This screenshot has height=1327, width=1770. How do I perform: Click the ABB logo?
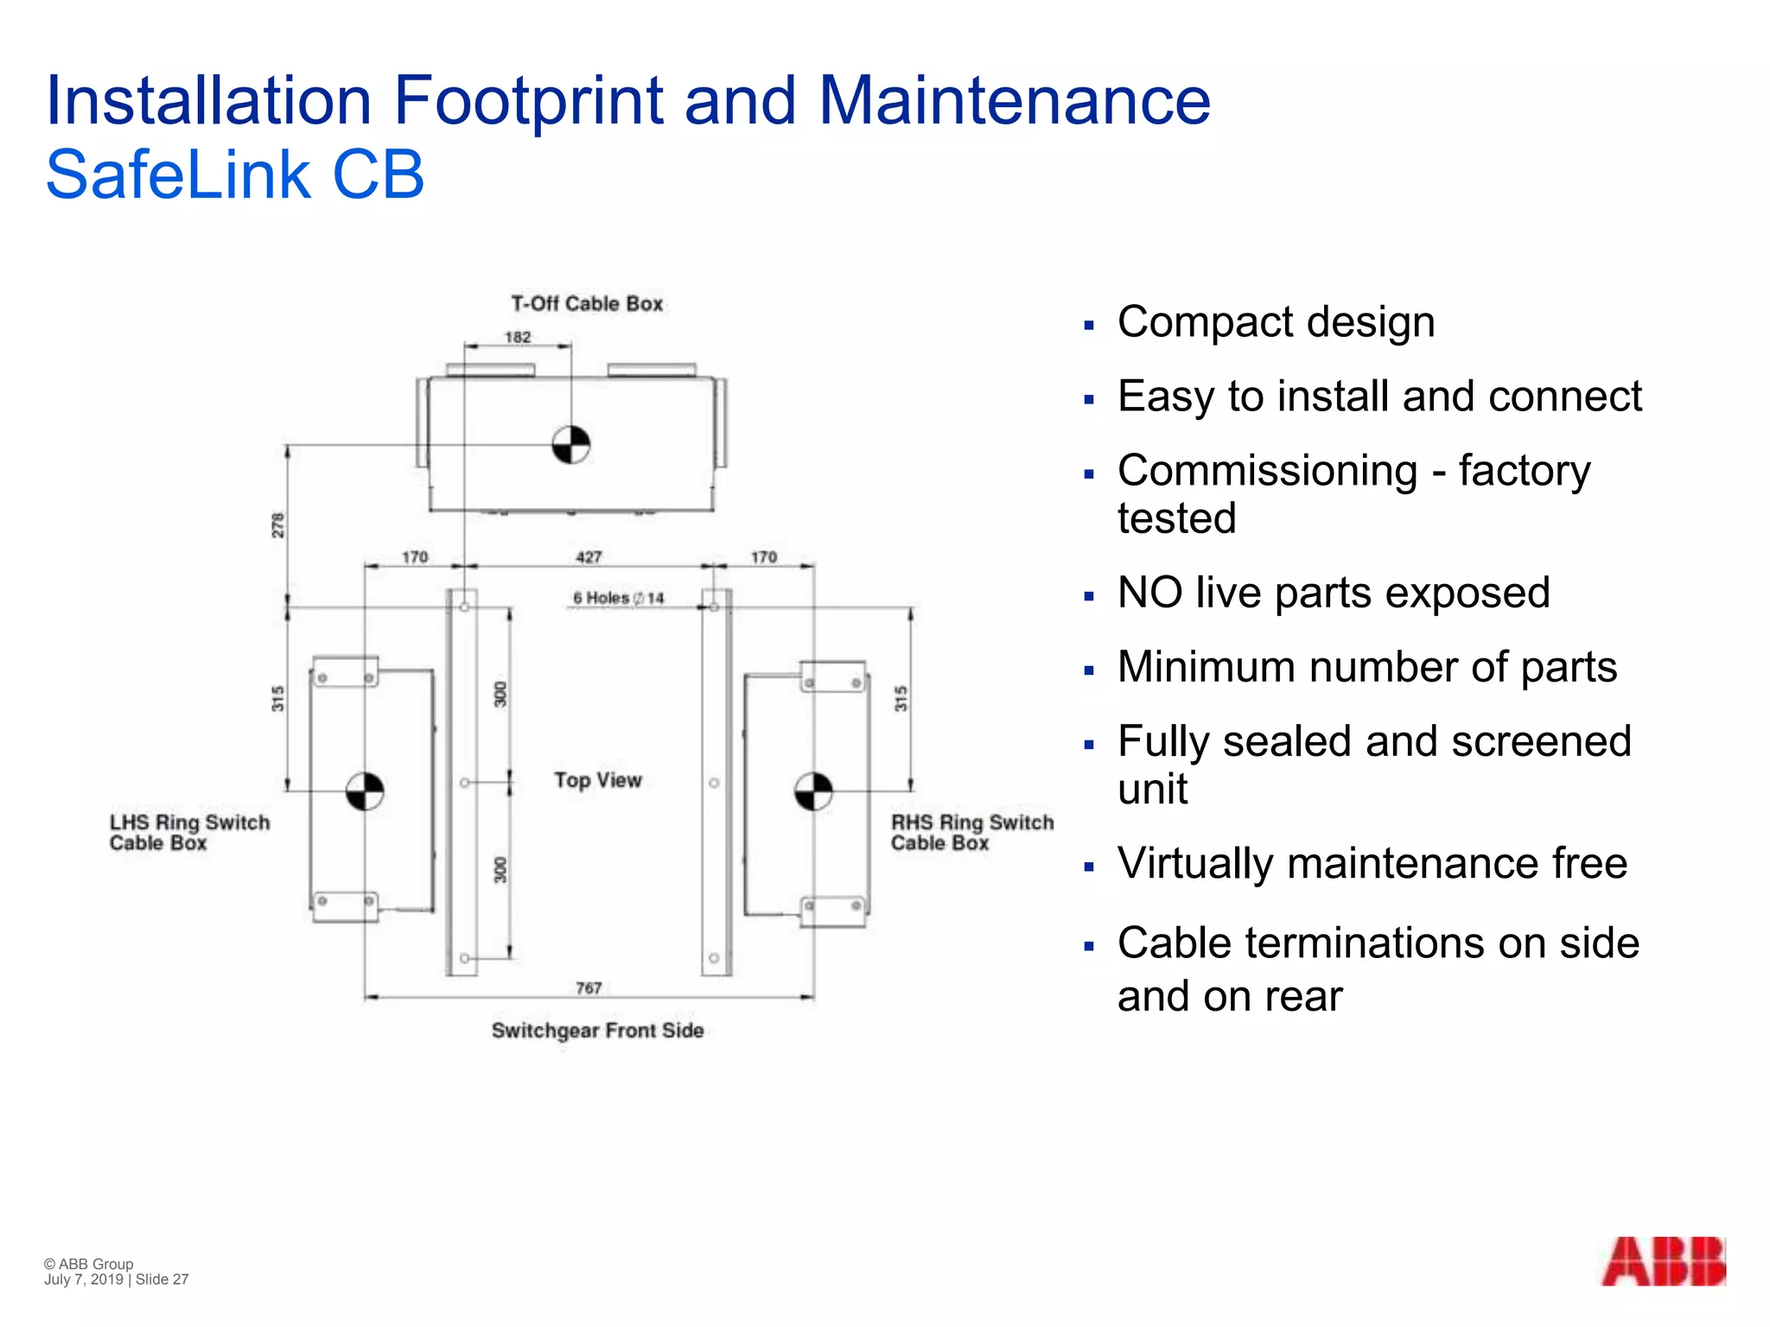[x=1663, y=1261]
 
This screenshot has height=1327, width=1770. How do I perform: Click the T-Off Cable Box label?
[x=587, y=304]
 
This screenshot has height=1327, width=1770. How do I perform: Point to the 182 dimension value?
[x=518, y=337]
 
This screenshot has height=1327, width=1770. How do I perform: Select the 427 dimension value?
[x=589, y=557]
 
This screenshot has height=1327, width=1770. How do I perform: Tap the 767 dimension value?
[x=589, y=987]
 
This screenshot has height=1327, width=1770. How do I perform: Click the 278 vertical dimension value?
[x=278, y=525]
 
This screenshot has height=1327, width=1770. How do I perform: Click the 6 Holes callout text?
[x=618, y=598]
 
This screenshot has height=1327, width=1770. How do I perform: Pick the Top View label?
[x=598, y=780]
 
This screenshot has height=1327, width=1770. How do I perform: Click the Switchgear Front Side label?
[x=597, y=1030]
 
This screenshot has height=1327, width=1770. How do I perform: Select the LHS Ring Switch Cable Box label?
[x=189, y=833]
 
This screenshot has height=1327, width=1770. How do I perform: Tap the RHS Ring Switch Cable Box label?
[x=971, y=833]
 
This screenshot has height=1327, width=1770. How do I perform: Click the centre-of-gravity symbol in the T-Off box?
[x=571, y=445]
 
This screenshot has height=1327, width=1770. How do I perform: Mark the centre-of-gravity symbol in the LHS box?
[x=365, y=790]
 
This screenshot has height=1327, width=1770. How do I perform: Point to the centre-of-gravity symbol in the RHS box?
[x=813, y=791]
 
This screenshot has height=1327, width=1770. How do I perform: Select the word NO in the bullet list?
[x=1149, y=594]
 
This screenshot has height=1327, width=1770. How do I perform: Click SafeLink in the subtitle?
[x=177, y=175]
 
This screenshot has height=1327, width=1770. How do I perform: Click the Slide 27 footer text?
[x=162, y=1279]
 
